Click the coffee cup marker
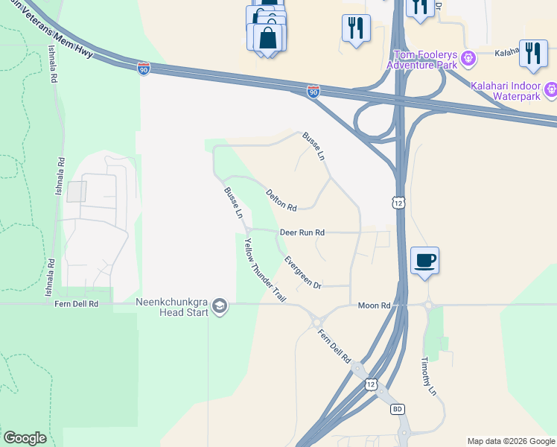pos(424,261)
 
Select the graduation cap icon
pos(220,307)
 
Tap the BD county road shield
pos(398,409)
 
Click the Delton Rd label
pos(281,199)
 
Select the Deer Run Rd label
pos(302,232)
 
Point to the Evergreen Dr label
pos(302,273)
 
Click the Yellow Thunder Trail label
pos(264,270)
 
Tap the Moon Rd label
pos(374,305)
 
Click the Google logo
pos(25,438)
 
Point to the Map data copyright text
pos(511,441)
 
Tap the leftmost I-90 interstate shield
pos(144,69)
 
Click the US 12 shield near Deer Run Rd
pos(399,203)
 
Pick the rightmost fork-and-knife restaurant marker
pos(533,53)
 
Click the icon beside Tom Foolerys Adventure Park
pos(469,57)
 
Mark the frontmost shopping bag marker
pos(268,38)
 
